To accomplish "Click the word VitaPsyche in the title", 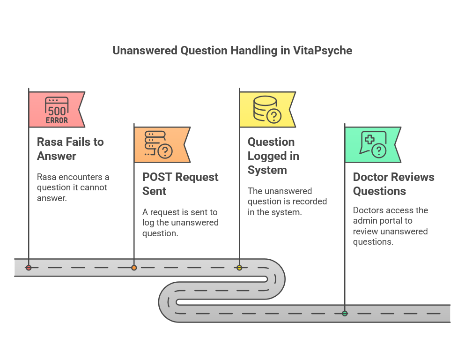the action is pyautogui.click(x=323, y=51).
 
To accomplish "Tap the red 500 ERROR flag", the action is pyautogui.click(x=57, y=110).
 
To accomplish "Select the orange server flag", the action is pyautogui.click(x=162, y=145).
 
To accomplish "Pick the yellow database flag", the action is pyautogui.click(x=267, y=110).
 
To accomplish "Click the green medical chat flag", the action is pyautogui.click(x=373, y=145).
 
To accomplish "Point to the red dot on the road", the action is pyautogui.click(x=29, y=268).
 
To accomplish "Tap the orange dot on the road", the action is pyautogui.click(x=134, y=268).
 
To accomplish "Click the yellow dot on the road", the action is pyautogui.click(x=239, y=268).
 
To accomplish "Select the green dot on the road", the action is pyautogui.click(x=345, y=314).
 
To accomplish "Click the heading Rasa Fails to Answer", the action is pyautogui.click(x=70, y=149).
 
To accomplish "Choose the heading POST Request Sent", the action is pyautogui.click(x=180, y=184).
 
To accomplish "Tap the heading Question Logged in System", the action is pyautogui.click(x=273, y=156).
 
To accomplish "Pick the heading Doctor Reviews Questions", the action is pyautogui.click(x=393, y=184).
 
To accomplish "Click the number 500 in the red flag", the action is pyautogui.click(x=57, y=111).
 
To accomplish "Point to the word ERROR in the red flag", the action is pyautogui.click(x=57, y=120).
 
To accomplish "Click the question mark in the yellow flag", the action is pyautogui.click(x=274, y=116).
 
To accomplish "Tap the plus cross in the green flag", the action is pyautogui.click(x=369, y=140).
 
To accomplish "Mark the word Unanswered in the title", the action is pyautogui.click(x=145, y=51).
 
